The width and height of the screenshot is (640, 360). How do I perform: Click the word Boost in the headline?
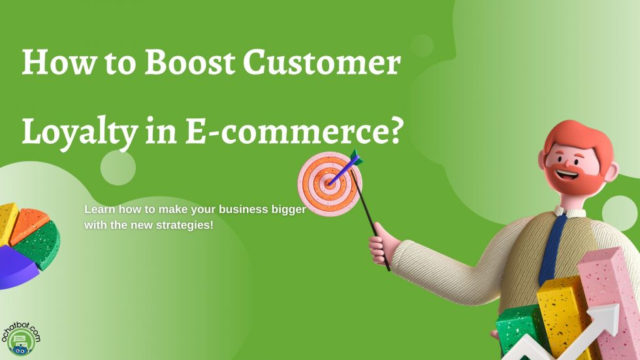[189, 64]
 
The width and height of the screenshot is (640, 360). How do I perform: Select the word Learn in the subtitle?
[97, 210]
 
